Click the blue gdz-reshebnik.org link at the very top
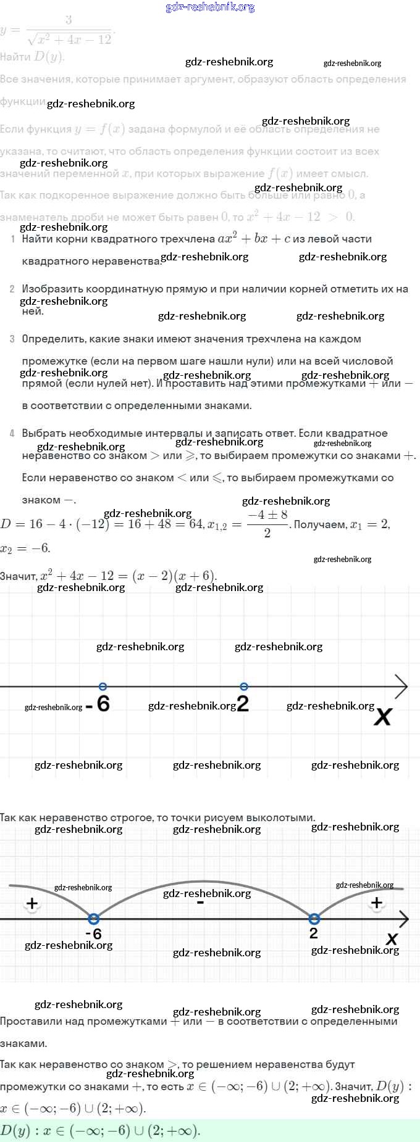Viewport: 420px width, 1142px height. click(210, 7)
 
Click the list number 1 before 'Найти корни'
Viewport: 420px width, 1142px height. click(13, 239)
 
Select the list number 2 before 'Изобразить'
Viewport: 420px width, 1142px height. click(12, 289)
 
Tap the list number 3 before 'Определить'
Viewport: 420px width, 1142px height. click(12, 339)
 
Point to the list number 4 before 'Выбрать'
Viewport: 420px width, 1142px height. click(12, 433)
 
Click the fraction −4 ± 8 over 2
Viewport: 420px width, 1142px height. click(267, 524)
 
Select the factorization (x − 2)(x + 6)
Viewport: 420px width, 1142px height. click(174, 576)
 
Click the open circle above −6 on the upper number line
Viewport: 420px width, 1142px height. click(103, 687)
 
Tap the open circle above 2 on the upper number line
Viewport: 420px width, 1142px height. click(244, 687)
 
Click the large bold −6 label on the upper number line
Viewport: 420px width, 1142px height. click(98, 704)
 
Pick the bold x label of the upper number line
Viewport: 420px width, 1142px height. click(383, 716)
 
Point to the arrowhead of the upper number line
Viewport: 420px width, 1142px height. click(402, 687)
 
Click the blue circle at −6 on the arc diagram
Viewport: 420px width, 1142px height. click(94, 919)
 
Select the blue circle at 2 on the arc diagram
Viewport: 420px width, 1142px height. click(314, 919)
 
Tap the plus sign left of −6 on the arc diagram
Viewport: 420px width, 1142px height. click(32, 904)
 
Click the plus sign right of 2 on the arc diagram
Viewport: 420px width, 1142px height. click(377, 903)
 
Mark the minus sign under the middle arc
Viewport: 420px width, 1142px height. click(200, 903)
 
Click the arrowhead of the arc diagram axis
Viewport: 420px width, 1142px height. click(403, 919)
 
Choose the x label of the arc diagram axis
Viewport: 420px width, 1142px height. click(392, 939)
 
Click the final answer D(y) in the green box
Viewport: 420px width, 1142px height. click(100, 1131)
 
